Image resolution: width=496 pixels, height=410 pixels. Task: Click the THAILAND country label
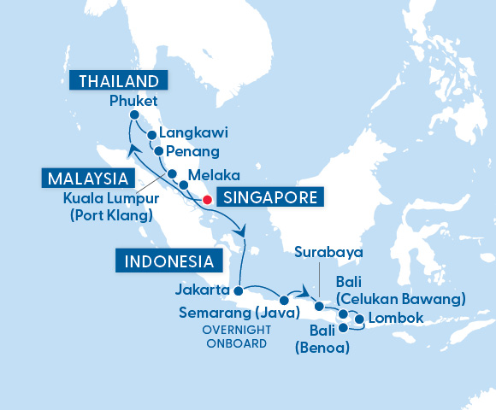tap(118, 82)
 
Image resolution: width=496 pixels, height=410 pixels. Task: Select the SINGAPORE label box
tap(269, 198)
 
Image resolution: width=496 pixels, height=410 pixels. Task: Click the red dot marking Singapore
tap(206, 200)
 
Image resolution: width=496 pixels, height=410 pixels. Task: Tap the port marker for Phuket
tap(134, 115)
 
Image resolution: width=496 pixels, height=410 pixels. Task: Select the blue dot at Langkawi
tap(151, 134)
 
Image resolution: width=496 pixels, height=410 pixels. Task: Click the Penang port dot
tap(158, 150)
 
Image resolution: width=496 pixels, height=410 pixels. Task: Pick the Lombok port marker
tap(359, 321)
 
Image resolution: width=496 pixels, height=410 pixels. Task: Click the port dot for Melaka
tap(183, 184)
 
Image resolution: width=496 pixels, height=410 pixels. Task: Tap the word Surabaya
tap(328, 253)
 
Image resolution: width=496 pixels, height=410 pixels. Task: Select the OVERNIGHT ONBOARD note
tap(234, 337)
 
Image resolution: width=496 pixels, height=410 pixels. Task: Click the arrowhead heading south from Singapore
tap(243, 231)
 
